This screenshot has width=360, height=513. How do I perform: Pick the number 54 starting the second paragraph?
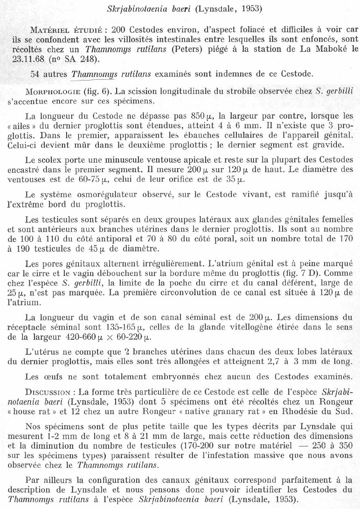35,74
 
